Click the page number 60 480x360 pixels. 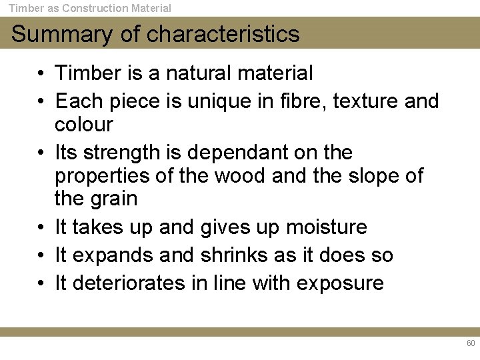(471, 343)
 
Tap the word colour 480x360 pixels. (84, 125)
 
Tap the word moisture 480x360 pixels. (327, 227)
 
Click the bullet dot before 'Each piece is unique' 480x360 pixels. (41, 102)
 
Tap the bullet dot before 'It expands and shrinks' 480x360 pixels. (41, 256)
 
